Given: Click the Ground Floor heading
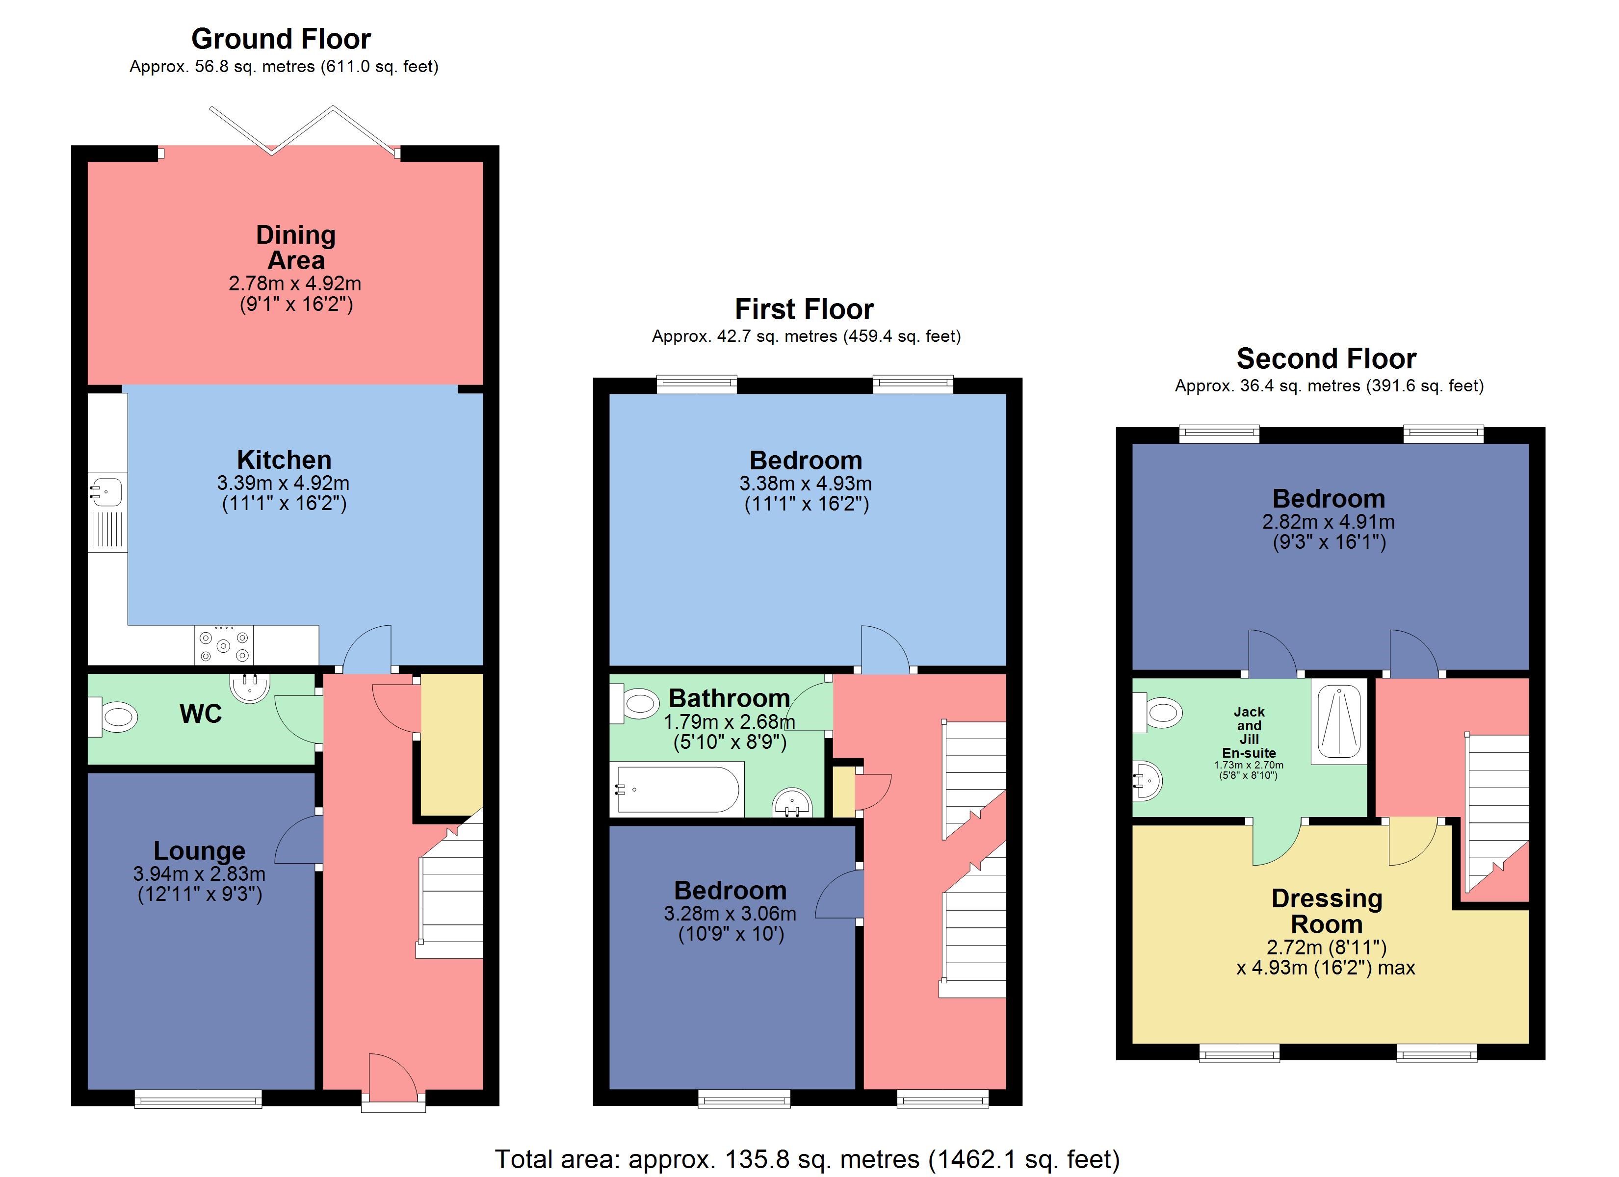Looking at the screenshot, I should pos(281,39).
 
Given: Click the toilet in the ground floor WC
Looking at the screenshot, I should pos(114,716).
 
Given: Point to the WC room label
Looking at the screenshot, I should pos(201,714).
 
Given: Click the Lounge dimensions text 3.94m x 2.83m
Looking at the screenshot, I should pos(199,873).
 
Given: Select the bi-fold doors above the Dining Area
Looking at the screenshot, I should pos(303,130).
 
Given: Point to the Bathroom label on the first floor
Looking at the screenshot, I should pos(729,697).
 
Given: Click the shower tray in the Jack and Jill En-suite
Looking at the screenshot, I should pos(1338,721).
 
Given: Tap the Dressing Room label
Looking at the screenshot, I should pos(1326,911).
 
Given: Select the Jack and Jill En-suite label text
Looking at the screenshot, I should pos(1249,732).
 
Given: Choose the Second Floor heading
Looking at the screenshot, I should pos(1326,358).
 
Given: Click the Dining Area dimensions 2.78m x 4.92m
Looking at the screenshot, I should pos(295,283).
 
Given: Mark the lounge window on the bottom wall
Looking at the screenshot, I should pos(198,1099).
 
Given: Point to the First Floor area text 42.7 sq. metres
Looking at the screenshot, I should pos(806,336).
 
